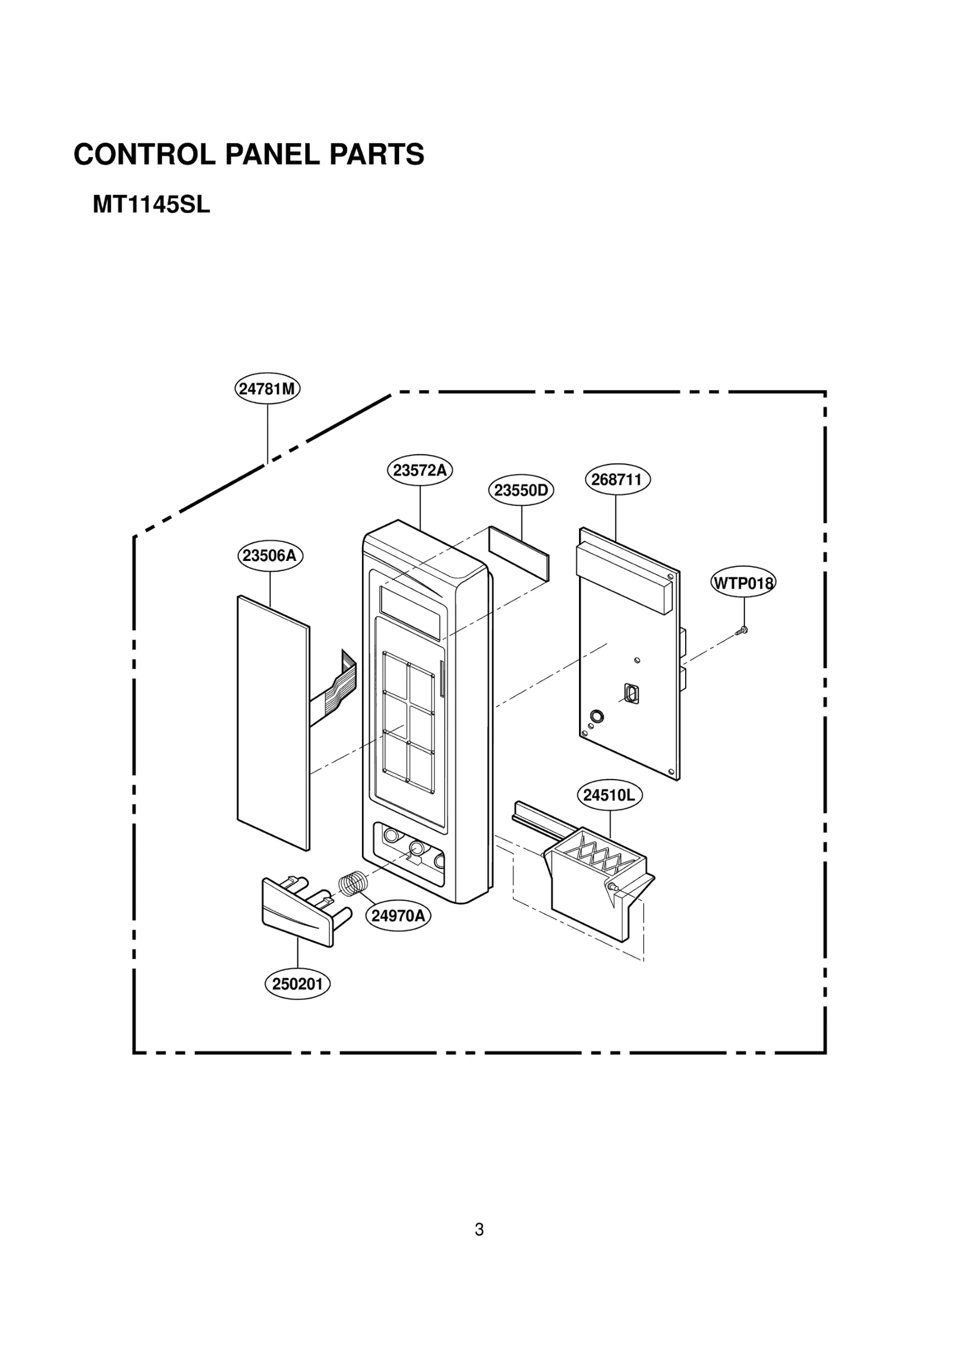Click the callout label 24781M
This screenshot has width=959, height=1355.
point(267,388)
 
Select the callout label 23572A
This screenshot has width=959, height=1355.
point(419,470)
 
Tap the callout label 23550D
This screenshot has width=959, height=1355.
point(520,490)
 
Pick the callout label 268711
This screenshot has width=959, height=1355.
point(617,479)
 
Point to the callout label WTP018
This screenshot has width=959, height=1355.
point(743,583)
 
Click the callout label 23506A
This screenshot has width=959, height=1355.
point(270,556)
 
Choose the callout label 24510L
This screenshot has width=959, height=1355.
point(609,795)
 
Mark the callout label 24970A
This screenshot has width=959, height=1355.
point(398,916)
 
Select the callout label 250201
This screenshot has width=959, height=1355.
point(297,984)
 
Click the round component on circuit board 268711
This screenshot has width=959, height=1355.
point(596,716)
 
